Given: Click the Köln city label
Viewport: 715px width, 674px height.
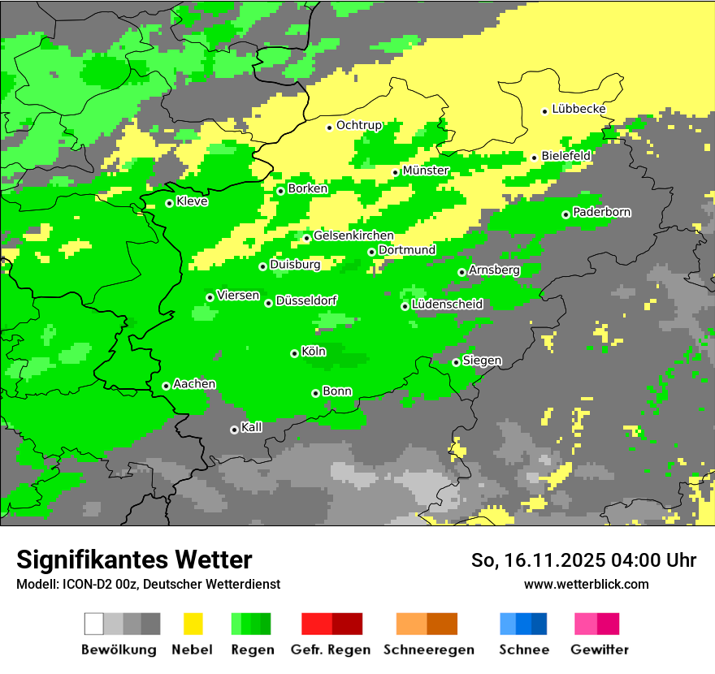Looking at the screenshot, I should tap(314, 352).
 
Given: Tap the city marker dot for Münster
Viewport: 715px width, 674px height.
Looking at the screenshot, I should tap(396, 172).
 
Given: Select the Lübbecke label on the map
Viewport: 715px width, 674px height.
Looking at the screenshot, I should tap(578, 109).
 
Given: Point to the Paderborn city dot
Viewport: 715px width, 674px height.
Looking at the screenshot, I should tap(565, 214).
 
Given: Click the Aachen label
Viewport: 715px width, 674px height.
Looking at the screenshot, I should tap(194, 384).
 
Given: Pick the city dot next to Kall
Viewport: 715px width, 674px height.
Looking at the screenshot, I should tap(234, 430).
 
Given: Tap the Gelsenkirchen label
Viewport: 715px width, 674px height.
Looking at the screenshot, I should tap(353, 235).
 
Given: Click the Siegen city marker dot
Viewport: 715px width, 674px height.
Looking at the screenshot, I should tap(456, 362).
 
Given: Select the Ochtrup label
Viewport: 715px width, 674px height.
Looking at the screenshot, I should tap(358, 125).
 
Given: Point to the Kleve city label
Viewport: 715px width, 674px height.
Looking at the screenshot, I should tap(192, 201).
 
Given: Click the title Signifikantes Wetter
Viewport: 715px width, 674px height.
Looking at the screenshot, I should tap(134, 560).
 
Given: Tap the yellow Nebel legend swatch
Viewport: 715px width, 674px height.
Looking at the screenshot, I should tap(193, 624).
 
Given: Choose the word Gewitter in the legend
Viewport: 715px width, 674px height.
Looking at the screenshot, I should tap(600, 650).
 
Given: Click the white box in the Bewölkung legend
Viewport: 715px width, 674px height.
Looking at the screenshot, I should tap(94, 624).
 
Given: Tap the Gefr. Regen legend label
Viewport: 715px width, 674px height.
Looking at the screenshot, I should tap(331, 650).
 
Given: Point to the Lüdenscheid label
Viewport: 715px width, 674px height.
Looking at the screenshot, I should tap(447, 305).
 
